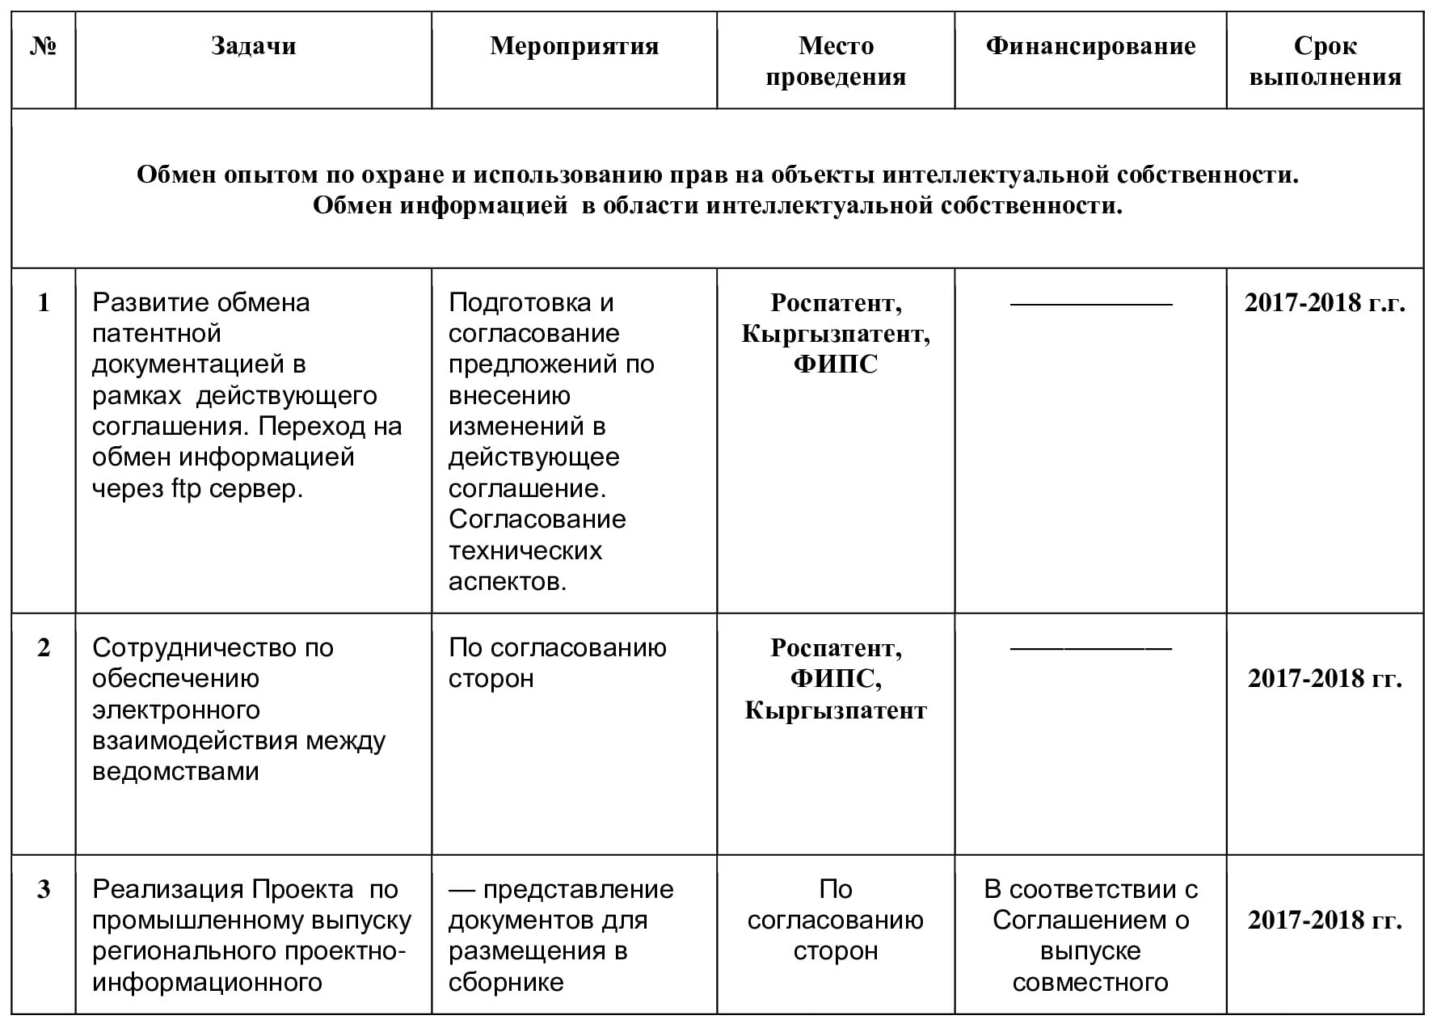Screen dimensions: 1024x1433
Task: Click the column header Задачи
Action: point(253,46)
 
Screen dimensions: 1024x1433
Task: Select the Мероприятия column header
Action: point(574,46)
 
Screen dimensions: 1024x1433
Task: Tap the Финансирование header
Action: point(1090,46)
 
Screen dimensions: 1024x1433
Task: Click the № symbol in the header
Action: point(44,46)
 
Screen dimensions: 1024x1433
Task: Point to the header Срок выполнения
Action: point(1325,61)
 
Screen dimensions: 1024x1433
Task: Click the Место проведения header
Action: point(836,61)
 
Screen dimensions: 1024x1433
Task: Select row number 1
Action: point(44,302)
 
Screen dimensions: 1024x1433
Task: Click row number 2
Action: point(44,647)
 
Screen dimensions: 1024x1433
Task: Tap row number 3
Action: point(44,889)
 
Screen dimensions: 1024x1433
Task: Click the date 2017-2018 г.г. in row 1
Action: point(1325,303)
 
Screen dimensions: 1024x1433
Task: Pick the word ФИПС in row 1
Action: point(836,365)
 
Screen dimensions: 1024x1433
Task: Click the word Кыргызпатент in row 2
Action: point(836,710)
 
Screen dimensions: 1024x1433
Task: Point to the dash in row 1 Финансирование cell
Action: point(1090,304)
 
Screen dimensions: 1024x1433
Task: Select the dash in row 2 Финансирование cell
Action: point(1090,648)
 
